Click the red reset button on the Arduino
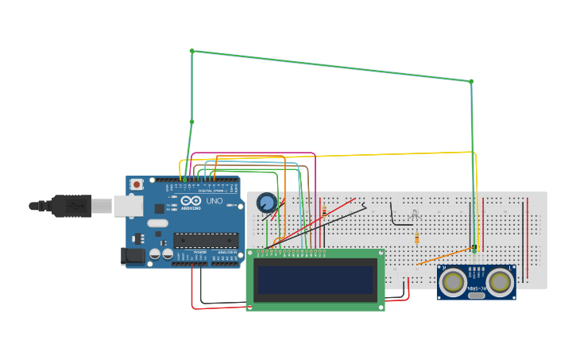pos(137,184)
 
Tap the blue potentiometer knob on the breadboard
pos(267,203)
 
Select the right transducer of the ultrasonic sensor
pos(500,281)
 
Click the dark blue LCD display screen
pos(315,280)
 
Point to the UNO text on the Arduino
pos(215,201)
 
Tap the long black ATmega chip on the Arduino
pos(206,240)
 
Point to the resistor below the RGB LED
pos(416,238)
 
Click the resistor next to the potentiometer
pos(323,211)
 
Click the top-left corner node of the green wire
pos(191,51)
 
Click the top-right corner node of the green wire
pos(471,81)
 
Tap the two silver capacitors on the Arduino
pos(161,254)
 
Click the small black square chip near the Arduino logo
pos(159,208)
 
